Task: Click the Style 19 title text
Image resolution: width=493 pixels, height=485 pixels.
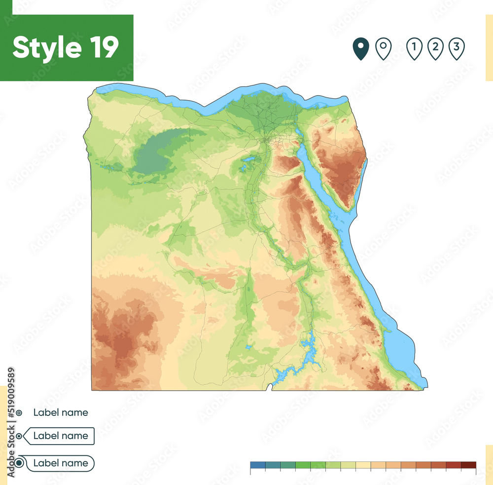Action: click(x=66, y=48)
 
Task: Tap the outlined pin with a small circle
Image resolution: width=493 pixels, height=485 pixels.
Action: click(x=383, y=48)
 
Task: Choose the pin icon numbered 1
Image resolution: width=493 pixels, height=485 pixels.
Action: click(x=414, y=48)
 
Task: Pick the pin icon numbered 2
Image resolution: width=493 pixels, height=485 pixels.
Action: click(x=435, y=48)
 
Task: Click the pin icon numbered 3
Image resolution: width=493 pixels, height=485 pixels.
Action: click(x=457, y=48)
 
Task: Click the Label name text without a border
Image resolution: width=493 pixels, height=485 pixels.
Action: click(x=61, y=412)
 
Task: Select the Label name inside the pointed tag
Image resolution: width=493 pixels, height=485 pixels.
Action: click(x=61, y=436)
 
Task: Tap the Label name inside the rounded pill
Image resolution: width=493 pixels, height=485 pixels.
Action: click(x=61, y=463)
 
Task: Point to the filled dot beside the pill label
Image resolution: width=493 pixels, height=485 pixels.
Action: click(x=19, y=463)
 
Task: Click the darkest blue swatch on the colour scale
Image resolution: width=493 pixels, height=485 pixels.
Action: click(x=257, y=465)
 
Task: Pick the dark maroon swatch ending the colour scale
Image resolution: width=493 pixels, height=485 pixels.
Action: click(x=468, y=465)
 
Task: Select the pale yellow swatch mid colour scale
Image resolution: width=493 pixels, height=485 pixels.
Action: click(x=363, y=465)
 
